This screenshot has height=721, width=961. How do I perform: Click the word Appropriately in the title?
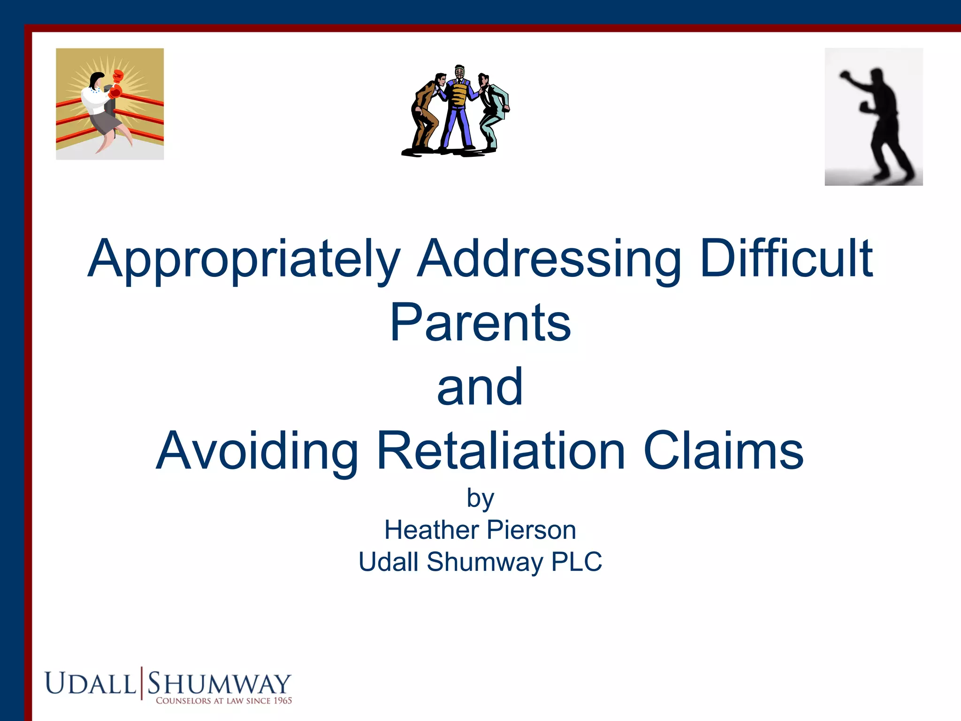click(244, 259)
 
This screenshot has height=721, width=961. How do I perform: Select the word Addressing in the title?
click(549, 259)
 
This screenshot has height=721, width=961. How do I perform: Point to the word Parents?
click(480, 323)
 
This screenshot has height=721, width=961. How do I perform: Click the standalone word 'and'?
click(480, 387)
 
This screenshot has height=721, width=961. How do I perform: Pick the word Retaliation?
click(501, 451)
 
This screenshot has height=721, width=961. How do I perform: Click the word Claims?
click(723, 451)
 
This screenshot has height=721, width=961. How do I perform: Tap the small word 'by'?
click(480, 499)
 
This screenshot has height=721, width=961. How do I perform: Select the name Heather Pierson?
click(480, 530)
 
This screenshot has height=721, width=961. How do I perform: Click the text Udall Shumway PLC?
click(480, 562)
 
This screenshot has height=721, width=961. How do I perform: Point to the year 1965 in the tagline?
click(282, 700)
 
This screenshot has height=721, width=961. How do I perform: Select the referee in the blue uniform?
click(458, 108)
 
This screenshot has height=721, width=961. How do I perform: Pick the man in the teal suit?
click(493, 110)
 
